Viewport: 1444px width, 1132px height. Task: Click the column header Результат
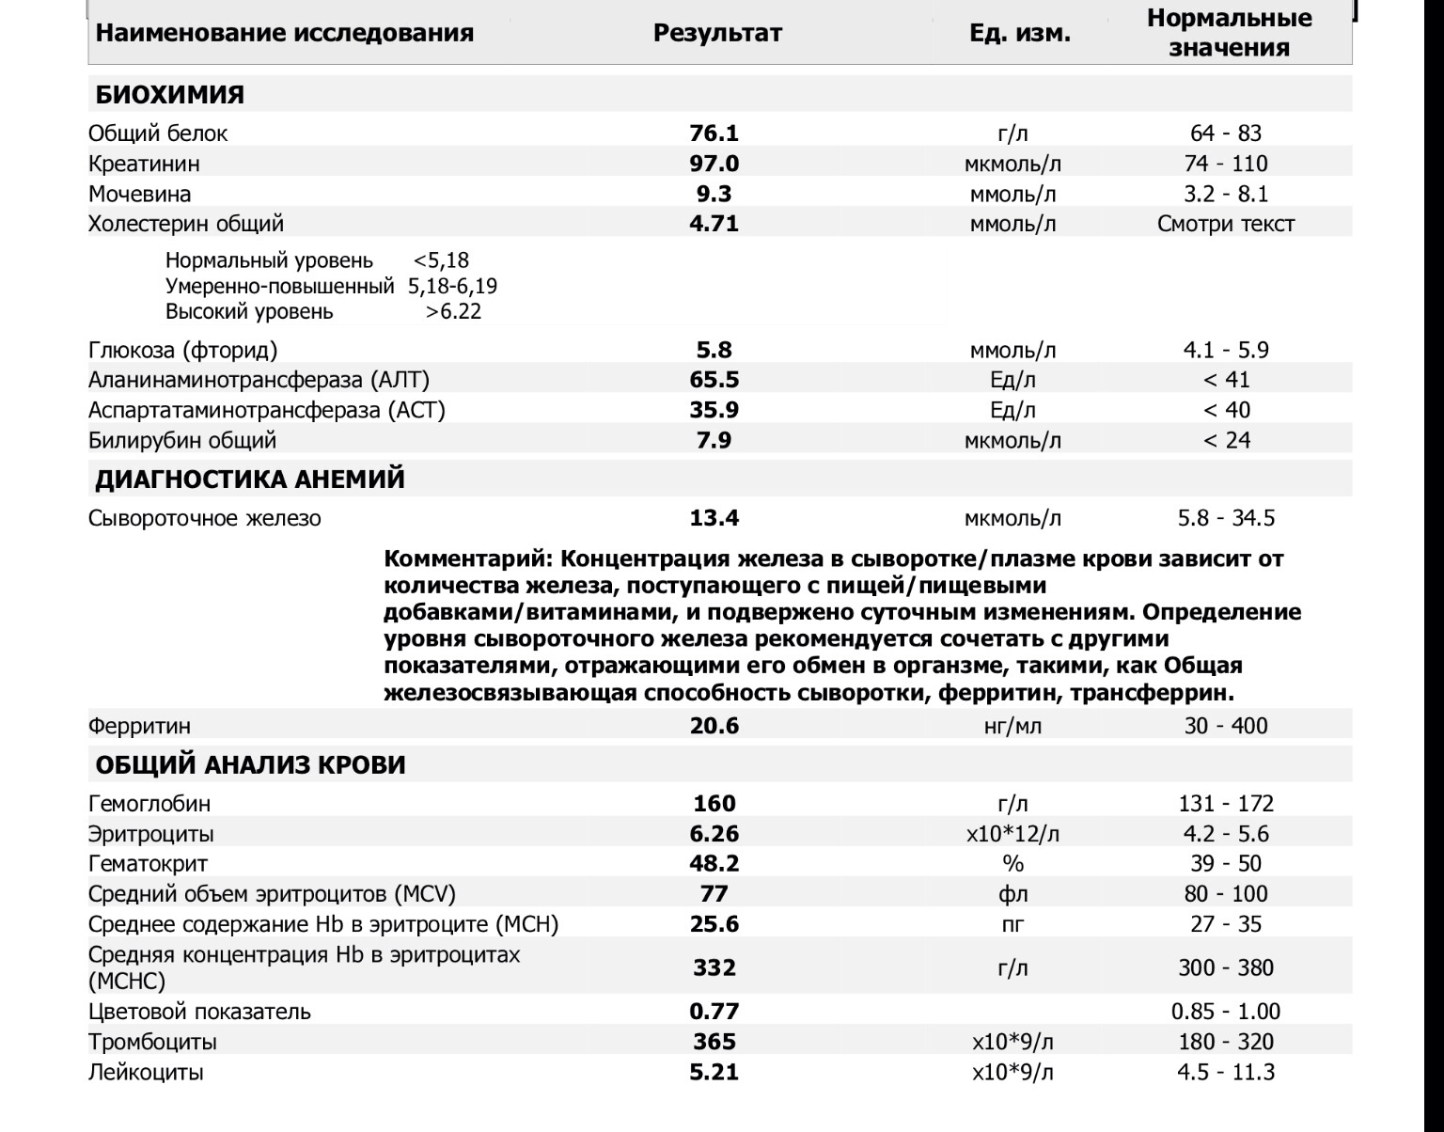coord(717,33)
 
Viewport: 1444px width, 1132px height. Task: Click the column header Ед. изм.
coord(1020,33)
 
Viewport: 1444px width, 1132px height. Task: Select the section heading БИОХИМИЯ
coord(169,95)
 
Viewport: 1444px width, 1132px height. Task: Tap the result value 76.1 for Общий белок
coord(714,134)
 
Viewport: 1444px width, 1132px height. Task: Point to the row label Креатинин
coord(144,164)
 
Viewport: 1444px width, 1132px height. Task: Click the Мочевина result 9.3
coord(714,194)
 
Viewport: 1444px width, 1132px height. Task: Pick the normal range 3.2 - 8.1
coord(1226,194)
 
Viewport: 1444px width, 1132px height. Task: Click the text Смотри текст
coord(1226,224)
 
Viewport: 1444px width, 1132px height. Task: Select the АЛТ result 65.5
coord(714,380)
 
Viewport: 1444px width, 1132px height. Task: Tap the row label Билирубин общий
coord(182,440)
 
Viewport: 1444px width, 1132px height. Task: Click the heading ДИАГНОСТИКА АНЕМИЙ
coord(250,480)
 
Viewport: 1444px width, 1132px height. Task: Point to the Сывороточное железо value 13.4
coord(714,518)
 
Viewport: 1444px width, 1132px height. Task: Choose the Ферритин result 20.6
coord(714,726)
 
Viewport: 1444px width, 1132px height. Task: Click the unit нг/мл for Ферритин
coord(1012,726)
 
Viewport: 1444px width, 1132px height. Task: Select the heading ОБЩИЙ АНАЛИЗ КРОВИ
coord(250,765)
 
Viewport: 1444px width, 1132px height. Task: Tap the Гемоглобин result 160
coord(714,804)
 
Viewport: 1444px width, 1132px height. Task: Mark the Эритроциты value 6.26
coord(714,834)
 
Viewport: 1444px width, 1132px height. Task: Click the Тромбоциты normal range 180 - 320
coord(1226,1042)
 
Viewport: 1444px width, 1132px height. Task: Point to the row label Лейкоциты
coord(146,1072)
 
